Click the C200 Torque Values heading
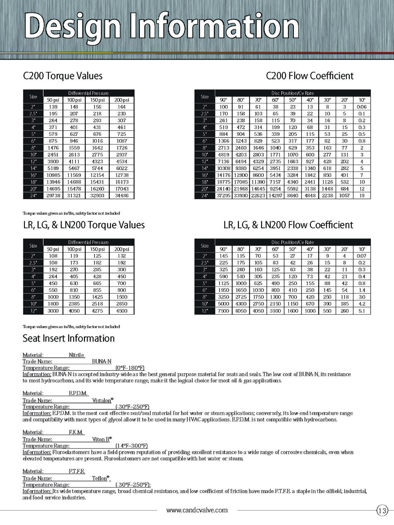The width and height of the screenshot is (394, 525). tap(63, 76)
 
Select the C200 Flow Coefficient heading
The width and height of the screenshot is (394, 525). tap(310, 76)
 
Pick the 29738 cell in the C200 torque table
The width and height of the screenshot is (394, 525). tap(53, 196)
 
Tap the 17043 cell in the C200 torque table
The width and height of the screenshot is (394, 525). tap(121, 189)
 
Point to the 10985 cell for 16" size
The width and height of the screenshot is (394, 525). tap(53, 175)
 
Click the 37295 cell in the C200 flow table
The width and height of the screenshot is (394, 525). tap(223, 196)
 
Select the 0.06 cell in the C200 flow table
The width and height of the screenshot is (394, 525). tap(361, 107)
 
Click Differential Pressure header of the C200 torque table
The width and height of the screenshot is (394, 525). tap(88, 93)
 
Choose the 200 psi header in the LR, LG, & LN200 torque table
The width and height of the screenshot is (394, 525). tap(121, 249)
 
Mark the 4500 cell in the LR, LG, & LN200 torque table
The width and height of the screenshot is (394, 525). tap(121, 311)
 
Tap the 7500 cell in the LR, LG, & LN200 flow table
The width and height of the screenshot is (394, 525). tap(223, 311)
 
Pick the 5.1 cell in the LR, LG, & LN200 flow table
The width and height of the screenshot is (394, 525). tap(361, 311)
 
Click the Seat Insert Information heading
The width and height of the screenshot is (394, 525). tap(69, 338)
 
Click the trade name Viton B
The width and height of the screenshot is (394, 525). tap(102, 439)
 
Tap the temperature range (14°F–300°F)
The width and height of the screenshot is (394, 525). tap(131, 446)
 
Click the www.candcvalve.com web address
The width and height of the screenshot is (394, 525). tap(197, 510)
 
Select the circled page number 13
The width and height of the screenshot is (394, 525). tap(382, 511)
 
